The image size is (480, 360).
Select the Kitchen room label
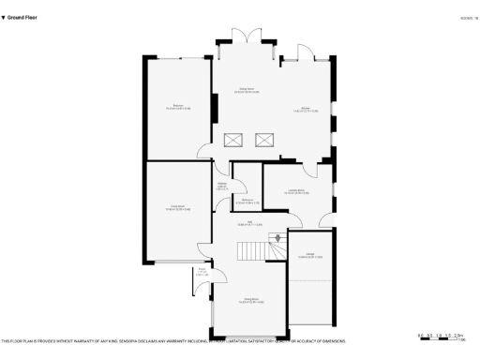pyautogui.click(x=309, y=110)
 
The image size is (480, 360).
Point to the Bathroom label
pyautogui.click(x=247, y=201)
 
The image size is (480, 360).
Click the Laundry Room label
pyautogui.click(x=296, y=192)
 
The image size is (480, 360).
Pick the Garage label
pyautogui.click(x=309, y=256)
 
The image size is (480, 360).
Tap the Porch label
pyautogui.click(x=202, y=274)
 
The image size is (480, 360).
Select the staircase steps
pyautogui.click(x=251, y=251)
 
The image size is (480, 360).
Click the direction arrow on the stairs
pyautogui.click(x=277, y=238)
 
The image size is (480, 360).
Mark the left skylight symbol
pyautogui.click(x=232, y=141)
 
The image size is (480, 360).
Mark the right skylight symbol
pyautogui.click(x=264, y=141)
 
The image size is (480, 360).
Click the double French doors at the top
pyautogui.click(x=247, y=36)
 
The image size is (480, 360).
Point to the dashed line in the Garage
pyautogui.click(x=309, y=279)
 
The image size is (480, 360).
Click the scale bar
pyautogui.click(x=442, y=335)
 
